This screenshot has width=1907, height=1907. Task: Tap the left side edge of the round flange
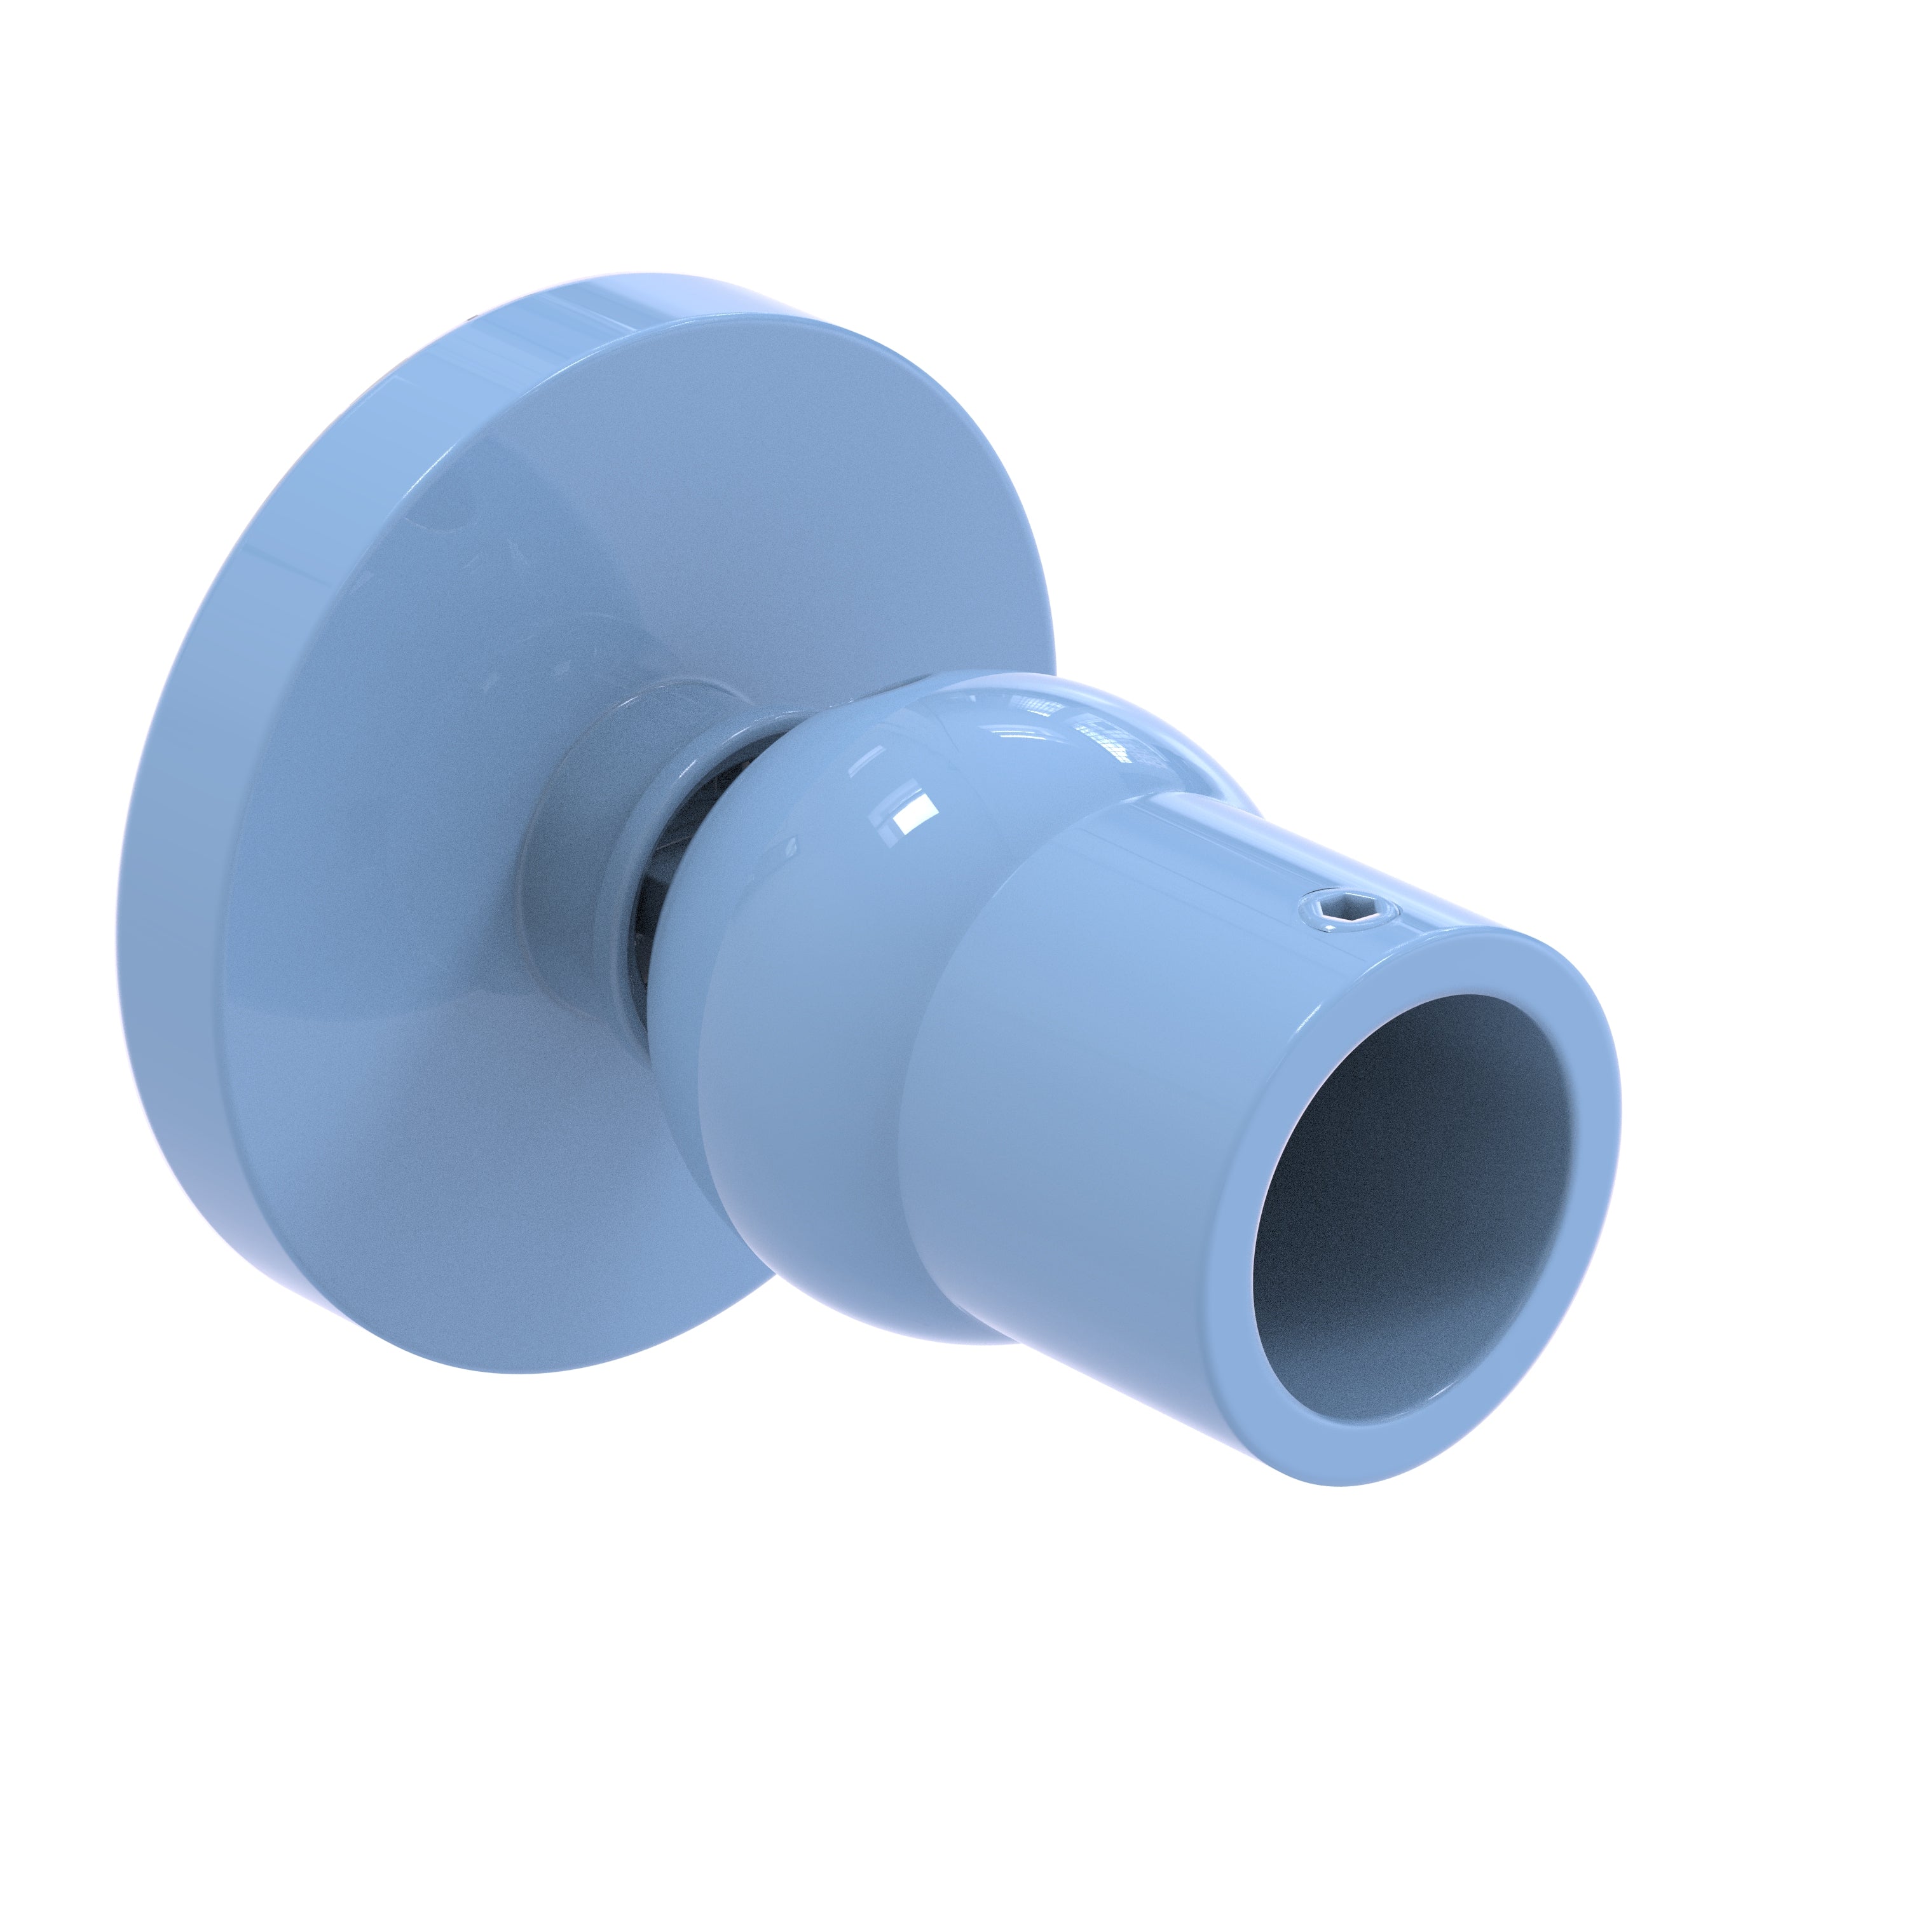click(x=168, y=889)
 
